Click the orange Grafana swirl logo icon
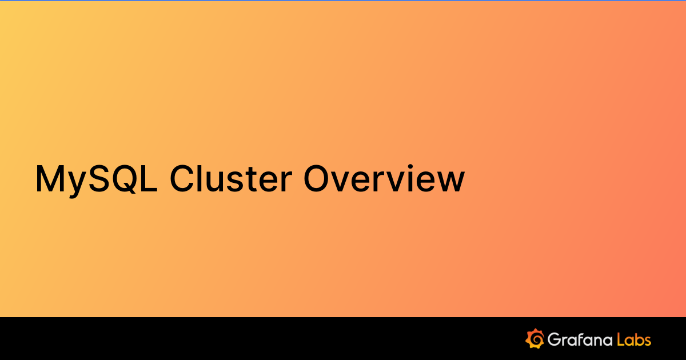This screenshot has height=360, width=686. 535,339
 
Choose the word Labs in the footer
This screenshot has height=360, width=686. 634,339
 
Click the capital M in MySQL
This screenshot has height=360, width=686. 50,178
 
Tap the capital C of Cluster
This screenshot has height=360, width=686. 183,178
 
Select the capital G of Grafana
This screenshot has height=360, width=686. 555,339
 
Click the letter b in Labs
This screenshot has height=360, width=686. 637,339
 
